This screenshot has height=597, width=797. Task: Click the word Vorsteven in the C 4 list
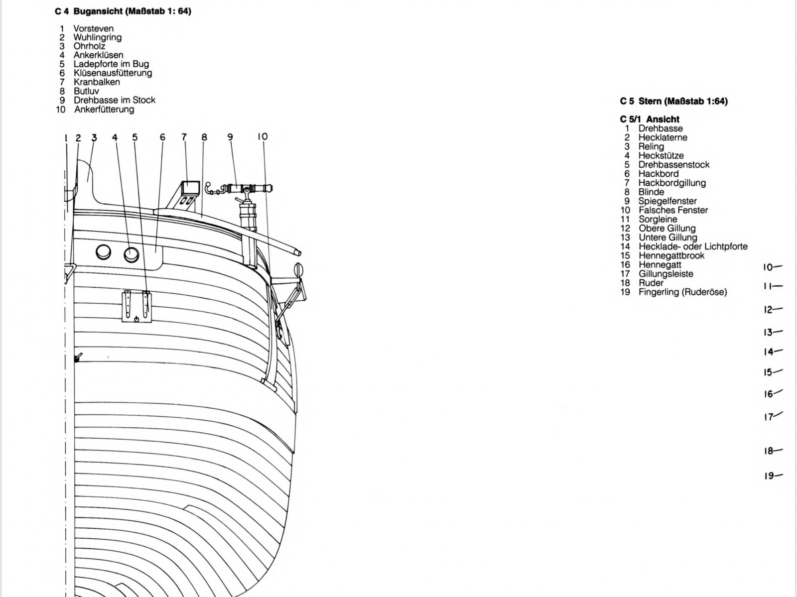tap(93, 28)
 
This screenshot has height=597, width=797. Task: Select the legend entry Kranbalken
tap(97, 82)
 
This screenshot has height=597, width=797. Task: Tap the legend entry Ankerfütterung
tap(104, 109)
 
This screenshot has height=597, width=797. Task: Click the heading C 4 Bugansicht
tap(123, 11)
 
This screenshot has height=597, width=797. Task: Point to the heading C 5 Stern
tap(674, 101)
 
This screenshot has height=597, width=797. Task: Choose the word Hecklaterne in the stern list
tap(663, 137)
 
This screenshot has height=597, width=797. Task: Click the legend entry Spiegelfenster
tap(667, 201)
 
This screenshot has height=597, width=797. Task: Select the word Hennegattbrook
tap(671, 255)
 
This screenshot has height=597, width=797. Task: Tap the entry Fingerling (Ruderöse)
tap(682, 292)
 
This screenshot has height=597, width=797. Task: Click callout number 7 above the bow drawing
tap(184, 137)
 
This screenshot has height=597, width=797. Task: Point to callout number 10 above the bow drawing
tap(263, 137)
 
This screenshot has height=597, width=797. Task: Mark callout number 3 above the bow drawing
tap(95, 137)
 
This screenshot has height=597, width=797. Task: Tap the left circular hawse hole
tap(104, 252)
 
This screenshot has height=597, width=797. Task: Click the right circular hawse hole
tap(132, 255)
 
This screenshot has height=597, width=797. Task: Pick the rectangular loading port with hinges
tap(136, 307)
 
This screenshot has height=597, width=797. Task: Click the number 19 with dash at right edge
tap(774, 476)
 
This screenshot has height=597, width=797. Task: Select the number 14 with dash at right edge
tap(774, 352)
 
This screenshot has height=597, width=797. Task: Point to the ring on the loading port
tap(136, 319)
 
